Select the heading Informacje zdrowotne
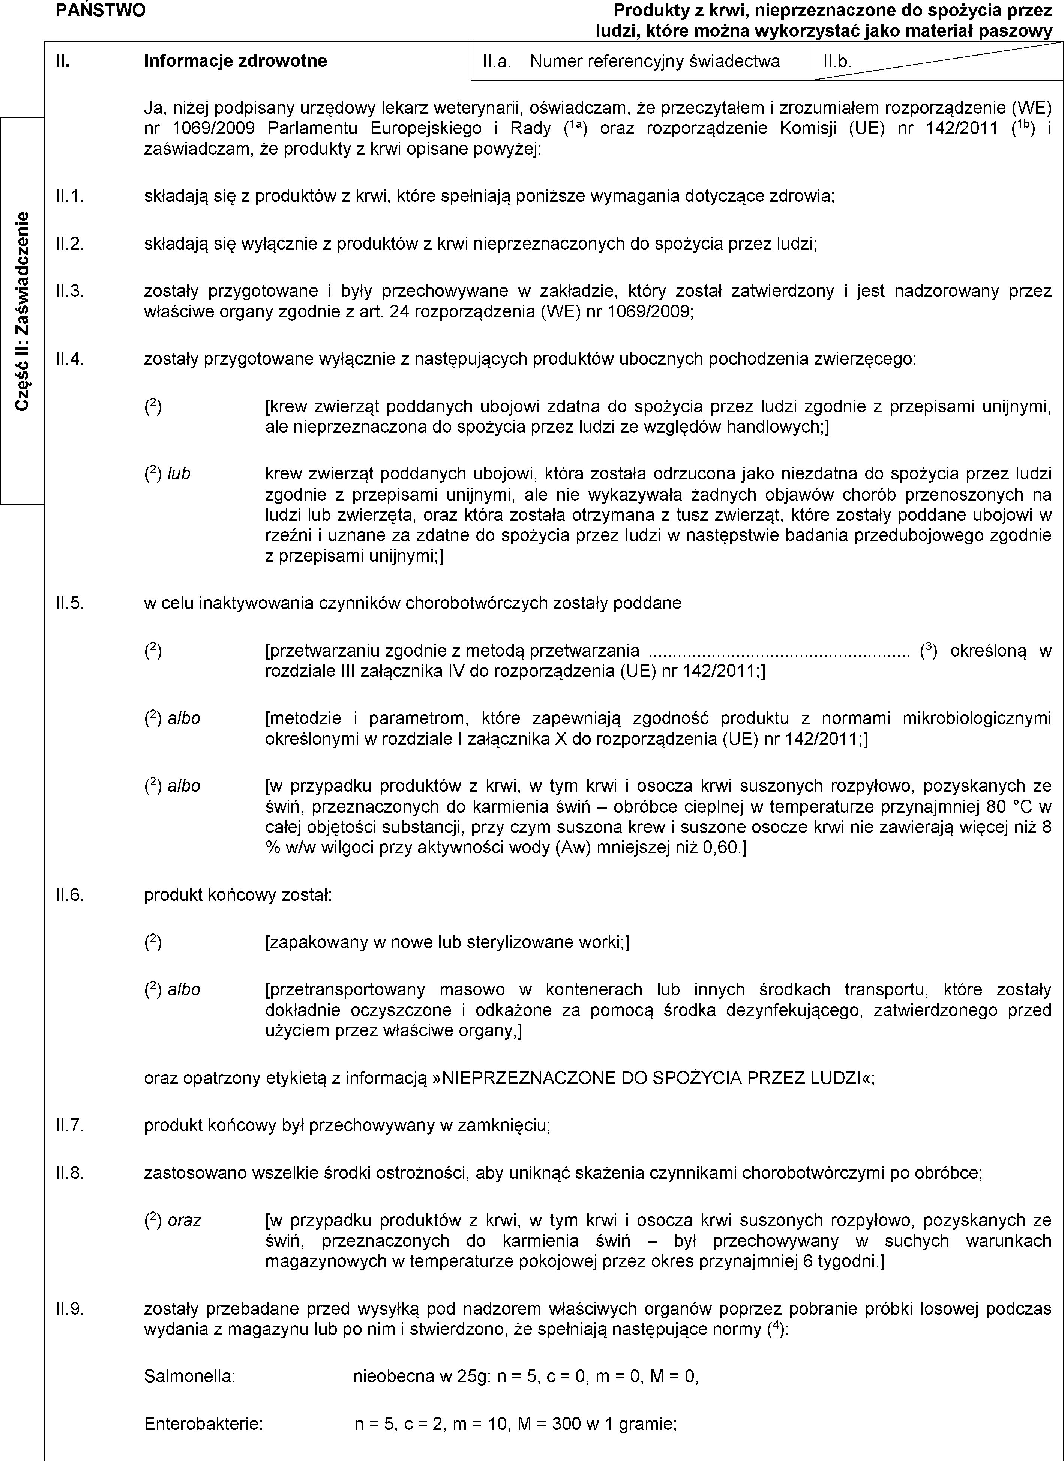(235, 61)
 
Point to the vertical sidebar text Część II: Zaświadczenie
(23, 311)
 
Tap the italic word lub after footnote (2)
(179, 474)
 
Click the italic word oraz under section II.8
(184, 1220)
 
